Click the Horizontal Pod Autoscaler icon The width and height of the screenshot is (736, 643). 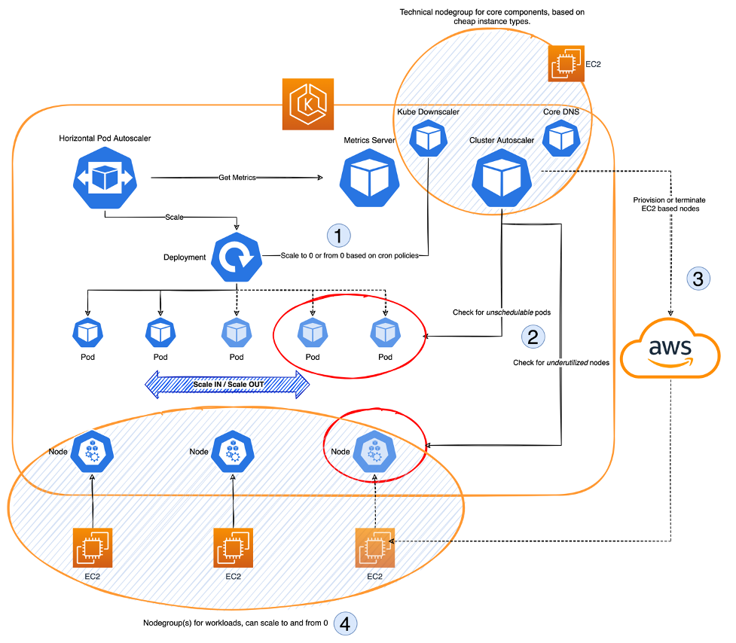pos(103,178)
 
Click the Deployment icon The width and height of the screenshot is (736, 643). pos(237,256)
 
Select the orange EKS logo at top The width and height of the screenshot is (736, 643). pos(308,103)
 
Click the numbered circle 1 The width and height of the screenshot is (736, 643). pos(339,236)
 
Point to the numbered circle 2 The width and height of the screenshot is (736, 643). pos(533,336)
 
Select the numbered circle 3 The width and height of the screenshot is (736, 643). pos(698,278)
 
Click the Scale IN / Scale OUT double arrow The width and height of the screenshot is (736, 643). pos(227,384)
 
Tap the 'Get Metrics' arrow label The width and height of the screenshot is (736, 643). pos(237,178)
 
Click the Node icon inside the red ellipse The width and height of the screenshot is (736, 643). pos(374,452)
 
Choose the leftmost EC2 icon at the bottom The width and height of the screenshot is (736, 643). pos(92,547)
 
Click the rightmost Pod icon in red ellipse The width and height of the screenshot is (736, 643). pos(386,333)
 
